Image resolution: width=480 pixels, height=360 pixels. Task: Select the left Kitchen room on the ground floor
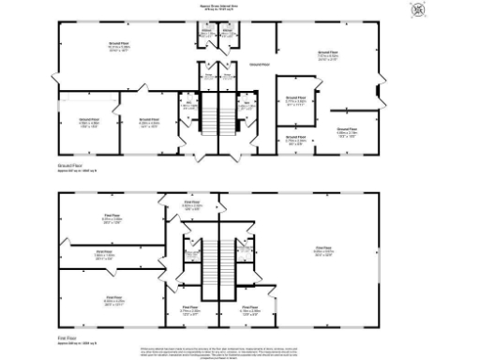207,35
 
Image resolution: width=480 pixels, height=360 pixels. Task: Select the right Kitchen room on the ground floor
229,35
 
